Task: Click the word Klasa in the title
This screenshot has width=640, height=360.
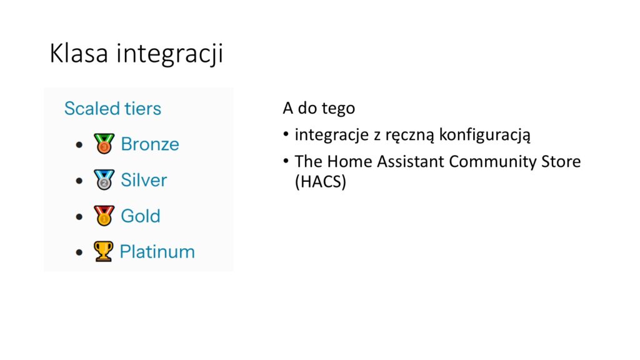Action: tap(79, 53)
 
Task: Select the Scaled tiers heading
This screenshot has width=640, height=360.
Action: tap(112, 109)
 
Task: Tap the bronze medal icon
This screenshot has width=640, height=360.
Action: tap(104, 144)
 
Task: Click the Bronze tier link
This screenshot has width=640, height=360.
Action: tap(150, 144)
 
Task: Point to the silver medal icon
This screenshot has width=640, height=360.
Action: tap(104, 179)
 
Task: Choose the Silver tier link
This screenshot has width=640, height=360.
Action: tap(144, 180)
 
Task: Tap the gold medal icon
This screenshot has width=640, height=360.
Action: tap(104, 216)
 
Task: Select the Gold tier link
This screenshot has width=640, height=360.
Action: tap(141, 216)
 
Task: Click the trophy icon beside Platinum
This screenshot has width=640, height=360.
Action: tap(104, 251)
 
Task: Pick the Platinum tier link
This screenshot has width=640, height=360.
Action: tap(157, 252)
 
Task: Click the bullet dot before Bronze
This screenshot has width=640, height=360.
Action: tap(79, 144)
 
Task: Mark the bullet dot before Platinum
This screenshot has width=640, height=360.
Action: tap(79, 252)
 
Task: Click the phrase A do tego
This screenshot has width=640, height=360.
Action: tap(319, 109)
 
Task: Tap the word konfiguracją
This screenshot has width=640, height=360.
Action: tap(484, 135)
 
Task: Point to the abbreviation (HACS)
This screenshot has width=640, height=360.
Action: tap(321, 182)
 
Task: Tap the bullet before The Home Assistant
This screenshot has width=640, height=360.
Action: tap(286, 161)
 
